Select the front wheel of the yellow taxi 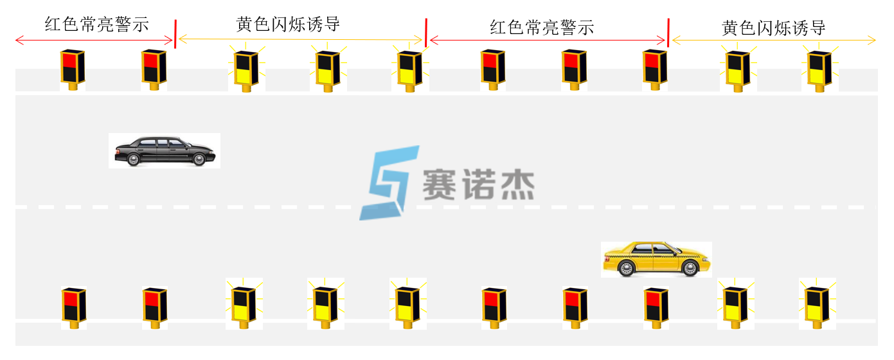coord(690,268)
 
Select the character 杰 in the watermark coord(518,185)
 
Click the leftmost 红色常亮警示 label coord(96,24)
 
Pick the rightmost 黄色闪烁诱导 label coord(773,28)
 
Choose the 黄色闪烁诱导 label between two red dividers coord(287,24)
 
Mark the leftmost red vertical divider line coord(175,33)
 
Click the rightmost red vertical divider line coord(668,33)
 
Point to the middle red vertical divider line coord(425,33)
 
